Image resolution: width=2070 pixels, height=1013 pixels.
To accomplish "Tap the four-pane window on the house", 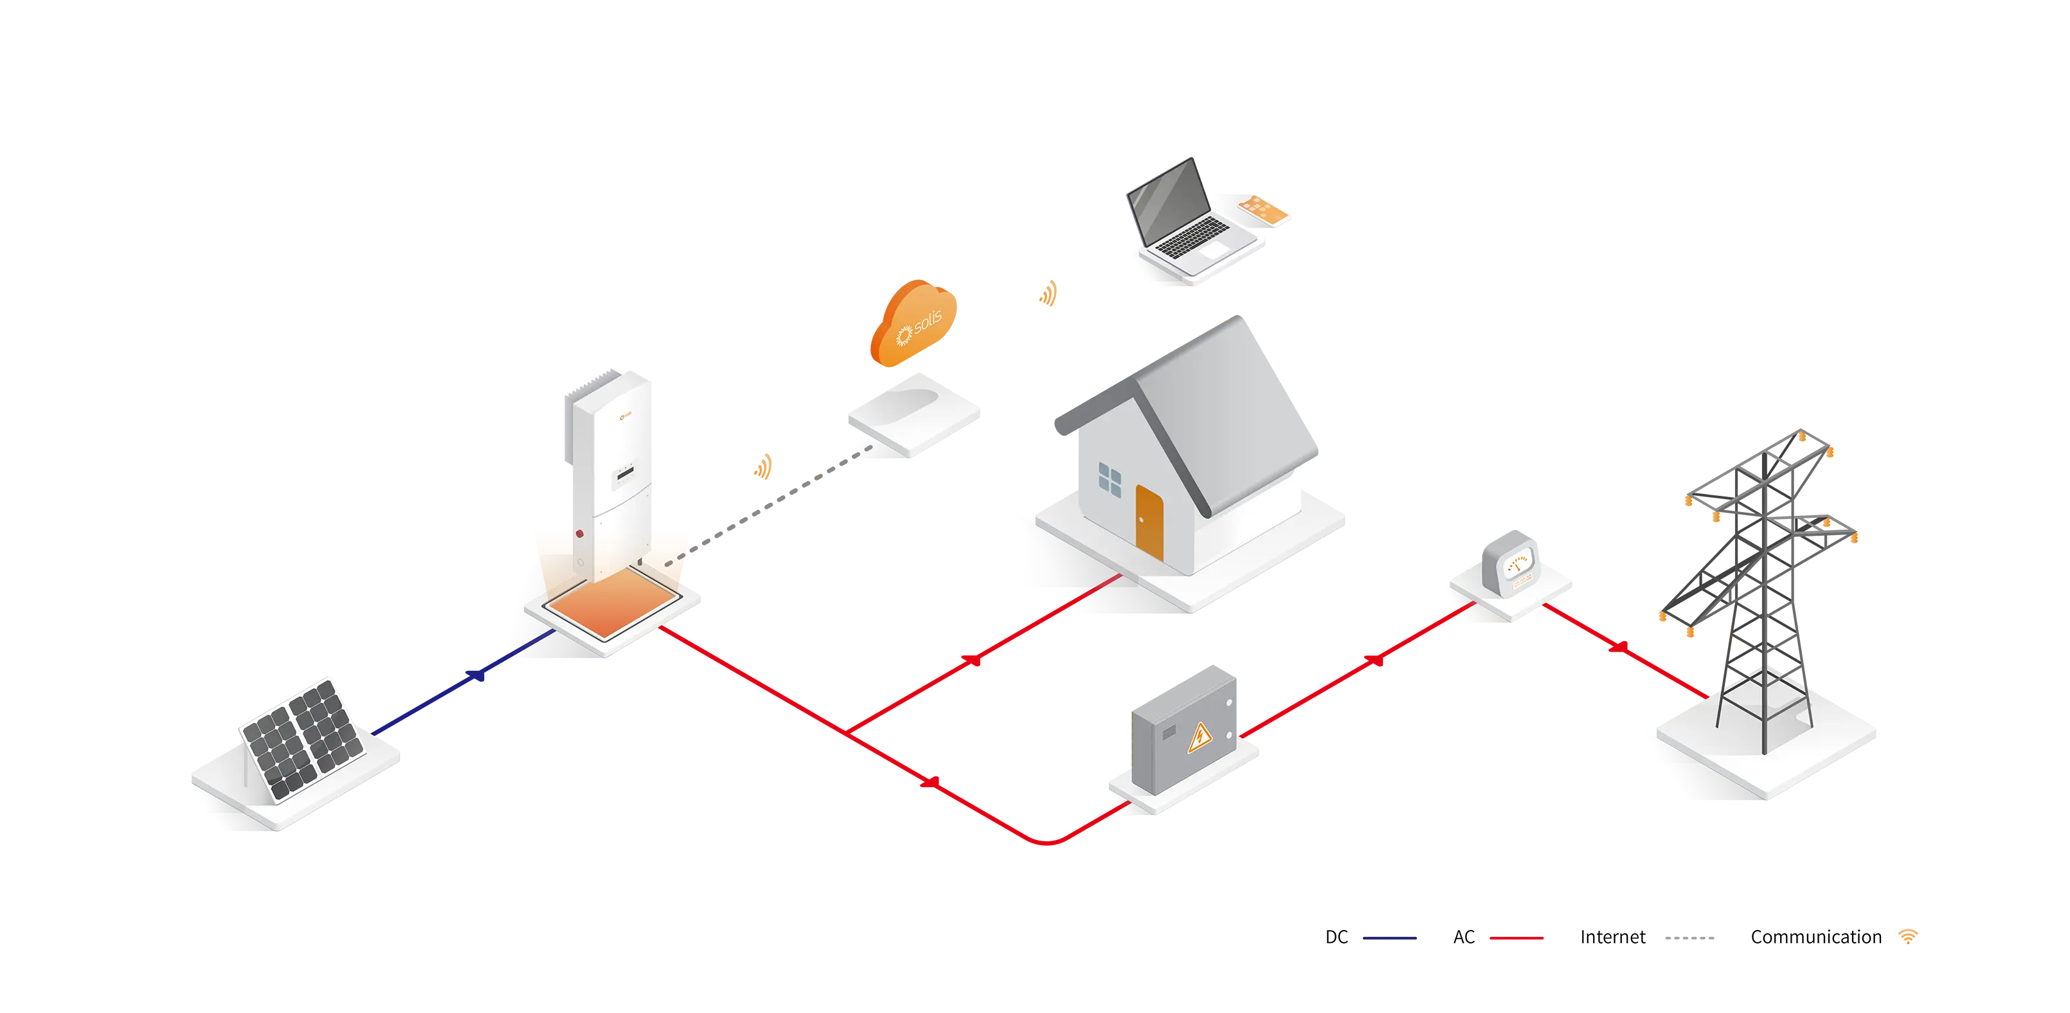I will [x=1110, y=479].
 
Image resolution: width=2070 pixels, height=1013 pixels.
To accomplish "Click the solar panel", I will [x=303, y=739].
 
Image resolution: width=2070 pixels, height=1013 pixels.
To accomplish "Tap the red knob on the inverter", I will [x=579, y=534].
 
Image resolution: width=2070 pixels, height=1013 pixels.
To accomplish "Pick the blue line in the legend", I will [x=1407, y=938].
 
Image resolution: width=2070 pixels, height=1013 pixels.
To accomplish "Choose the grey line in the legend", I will [x=1704, y=938].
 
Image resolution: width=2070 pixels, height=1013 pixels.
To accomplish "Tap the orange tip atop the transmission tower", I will [x=1803, y=437].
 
